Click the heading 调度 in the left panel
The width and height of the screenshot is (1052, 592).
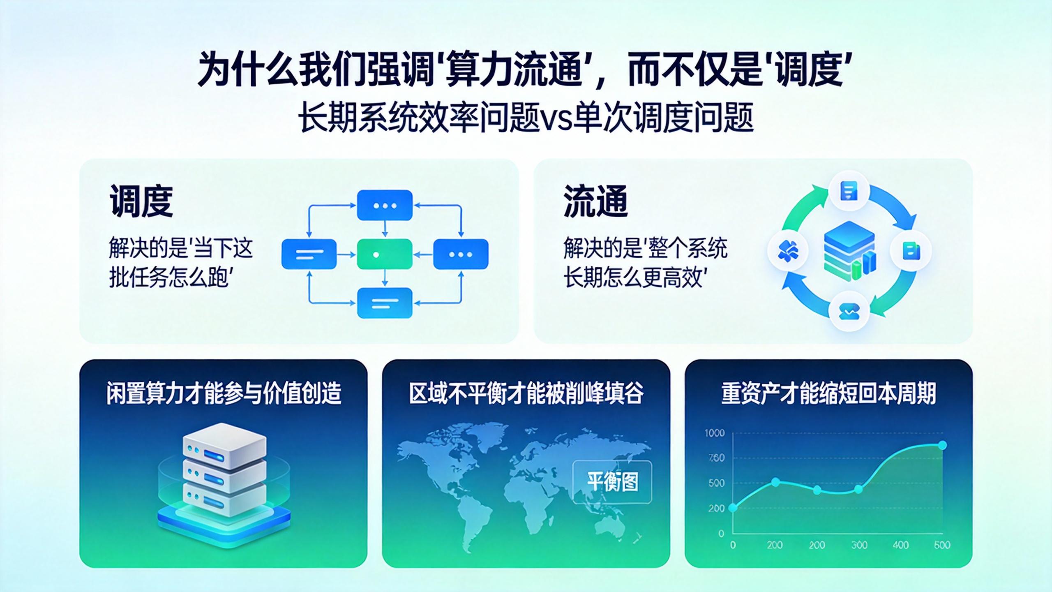coord(141,201)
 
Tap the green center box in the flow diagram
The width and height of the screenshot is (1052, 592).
coord(385,254)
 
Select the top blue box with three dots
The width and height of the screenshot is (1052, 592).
coord(385,205)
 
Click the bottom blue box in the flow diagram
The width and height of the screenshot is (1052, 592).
coord(385,303)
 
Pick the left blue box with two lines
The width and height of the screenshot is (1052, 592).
coord(309,254)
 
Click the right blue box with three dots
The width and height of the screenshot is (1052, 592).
coord(461,254)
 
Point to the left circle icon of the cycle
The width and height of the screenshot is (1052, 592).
coord(788,251)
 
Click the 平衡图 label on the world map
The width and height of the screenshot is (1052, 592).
coord(612,481)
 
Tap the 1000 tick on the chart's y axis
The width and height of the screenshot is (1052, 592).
coord(715,433)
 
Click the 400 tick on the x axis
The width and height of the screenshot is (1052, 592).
coord(900,545)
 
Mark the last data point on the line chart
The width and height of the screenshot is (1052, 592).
coord(943,445)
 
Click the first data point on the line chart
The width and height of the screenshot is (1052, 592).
coord(733,508)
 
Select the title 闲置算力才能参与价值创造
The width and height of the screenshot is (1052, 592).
coord(224,393)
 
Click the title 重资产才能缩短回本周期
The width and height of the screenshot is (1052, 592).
coord(828,393)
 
